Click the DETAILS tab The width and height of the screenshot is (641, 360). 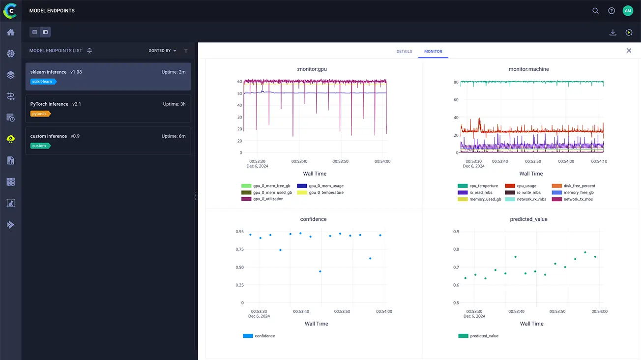(404, 52)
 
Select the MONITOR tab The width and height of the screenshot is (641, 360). (433, 52)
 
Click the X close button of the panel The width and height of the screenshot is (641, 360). (629, 51)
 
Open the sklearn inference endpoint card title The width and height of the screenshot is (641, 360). (48, 72)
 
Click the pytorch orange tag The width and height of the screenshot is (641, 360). (40, 114)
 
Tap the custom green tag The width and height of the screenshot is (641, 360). (39, 146)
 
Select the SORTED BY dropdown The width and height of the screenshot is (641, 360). (162, 51)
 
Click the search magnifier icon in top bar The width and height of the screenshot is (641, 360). (595, 11)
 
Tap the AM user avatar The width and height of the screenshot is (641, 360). (628, 11)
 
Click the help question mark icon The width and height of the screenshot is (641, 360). (612, 11)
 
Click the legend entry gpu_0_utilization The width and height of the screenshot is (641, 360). (268, 199)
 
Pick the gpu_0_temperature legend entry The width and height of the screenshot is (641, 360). (326, 193)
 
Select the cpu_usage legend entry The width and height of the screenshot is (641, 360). (526, 186)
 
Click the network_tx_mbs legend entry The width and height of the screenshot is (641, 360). (578, 199)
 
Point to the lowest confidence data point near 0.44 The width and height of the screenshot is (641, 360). (320, 271)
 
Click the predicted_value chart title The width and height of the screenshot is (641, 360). (528, 219)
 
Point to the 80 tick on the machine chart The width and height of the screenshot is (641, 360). (456, 82)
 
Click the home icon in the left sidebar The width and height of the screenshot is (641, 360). (10, 32)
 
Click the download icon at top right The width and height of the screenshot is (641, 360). (612, 32)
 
